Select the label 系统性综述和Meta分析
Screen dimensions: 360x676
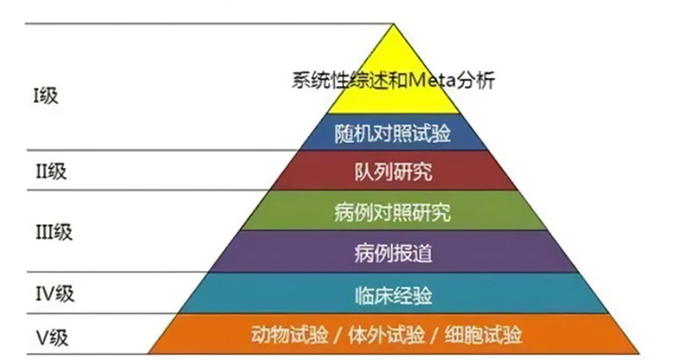click(392, 81)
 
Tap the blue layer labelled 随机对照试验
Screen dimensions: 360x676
click(392, 134)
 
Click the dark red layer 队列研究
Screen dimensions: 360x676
click(392, 170)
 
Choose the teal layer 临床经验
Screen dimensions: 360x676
click(392, 294)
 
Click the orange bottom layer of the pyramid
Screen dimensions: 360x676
click(392, 335)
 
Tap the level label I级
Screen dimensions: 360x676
click(45, 94)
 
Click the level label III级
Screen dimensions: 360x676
click(51, 231)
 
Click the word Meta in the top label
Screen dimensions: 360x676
click(432, 81)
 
